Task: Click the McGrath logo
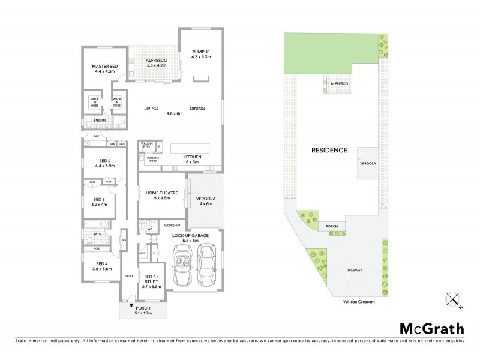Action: coord(431,328)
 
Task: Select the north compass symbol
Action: coord(454,299)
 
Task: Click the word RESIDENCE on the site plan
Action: coord(329,150)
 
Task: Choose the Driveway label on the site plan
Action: coord(355,270)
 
